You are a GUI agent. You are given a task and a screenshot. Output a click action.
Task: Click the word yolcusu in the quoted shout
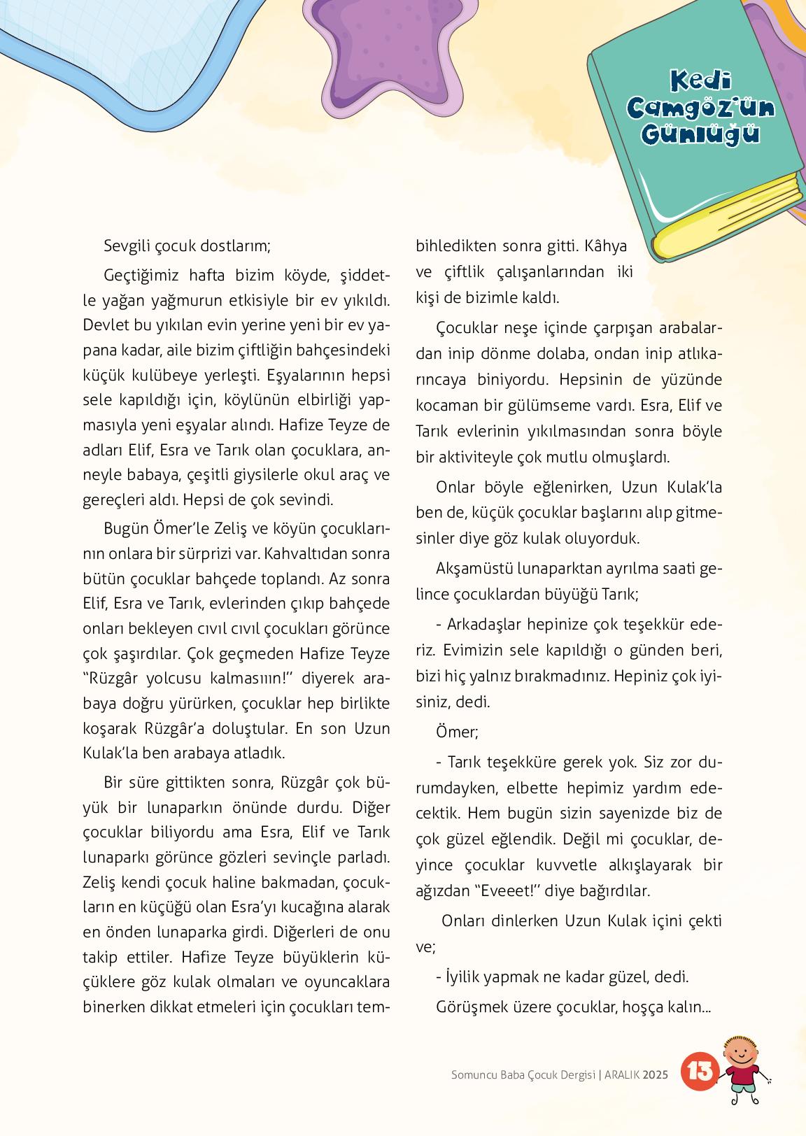tap(171, 679)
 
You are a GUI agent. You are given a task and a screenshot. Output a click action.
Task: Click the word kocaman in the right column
tap(445, 406)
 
